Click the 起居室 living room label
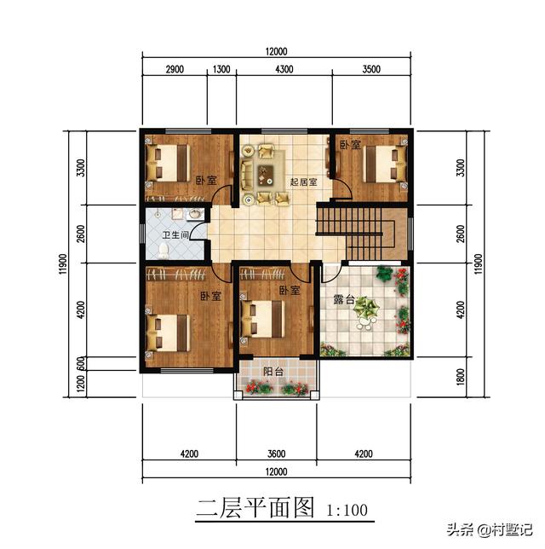(303, 181)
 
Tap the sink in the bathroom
(194, 213)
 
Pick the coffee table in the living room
(266, 176)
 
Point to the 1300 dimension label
(221, 69)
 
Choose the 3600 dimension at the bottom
(275, 454)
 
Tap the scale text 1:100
(347, 511)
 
